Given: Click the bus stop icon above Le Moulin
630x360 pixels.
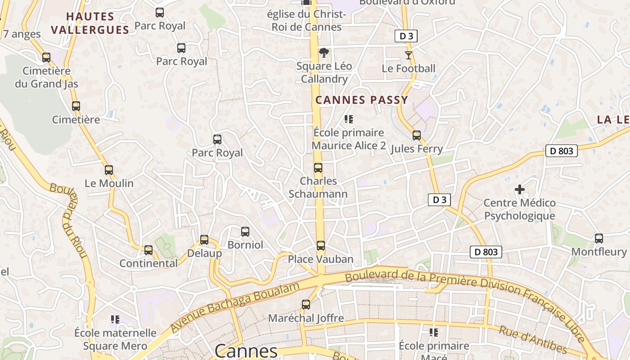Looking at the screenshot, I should point(108,170).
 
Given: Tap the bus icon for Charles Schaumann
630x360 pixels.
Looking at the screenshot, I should point(318,168).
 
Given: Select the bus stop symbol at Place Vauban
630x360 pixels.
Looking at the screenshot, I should point(320,246).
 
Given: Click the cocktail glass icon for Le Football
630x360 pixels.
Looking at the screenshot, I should point(409,55).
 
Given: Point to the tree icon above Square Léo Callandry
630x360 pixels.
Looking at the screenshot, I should point(324,53).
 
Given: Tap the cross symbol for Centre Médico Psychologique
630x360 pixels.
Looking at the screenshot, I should point(520,189).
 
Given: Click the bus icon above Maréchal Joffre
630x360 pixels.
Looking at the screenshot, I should point(306,305).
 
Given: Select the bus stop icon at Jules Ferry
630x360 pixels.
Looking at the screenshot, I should point(417,135).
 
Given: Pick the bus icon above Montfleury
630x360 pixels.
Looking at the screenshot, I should point(598,238).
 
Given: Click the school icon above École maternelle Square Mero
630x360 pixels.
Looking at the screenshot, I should point(115,319).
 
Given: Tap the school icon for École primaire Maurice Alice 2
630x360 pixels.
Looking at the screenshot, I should point(349,119).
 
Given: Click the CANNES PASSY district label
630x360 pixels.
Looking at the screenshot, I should point(362,100).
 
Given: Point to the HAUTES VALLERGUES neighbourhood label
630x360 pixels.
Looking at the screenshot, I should point(90,23).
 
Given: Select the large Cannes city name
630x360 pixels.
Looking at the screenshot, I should point(246,351).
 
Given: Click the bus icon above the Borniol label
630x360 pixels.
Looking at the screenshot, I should point(245,232).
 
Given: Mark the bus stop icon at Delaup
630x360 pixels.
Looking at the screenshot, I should point(204,240).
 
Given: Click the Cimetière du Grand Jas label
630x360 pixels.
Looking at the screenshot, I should point(46,77).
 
